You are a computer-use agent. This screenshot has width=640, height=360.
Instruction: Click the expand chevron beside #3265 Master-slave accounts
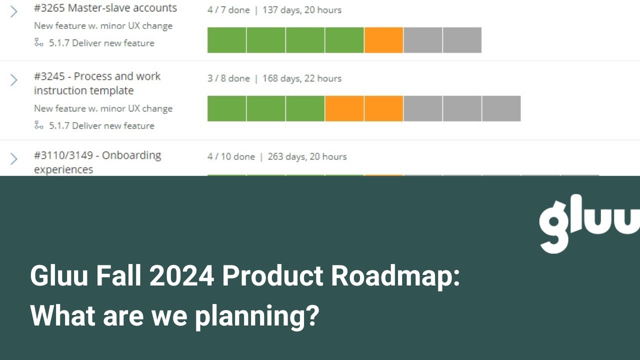pos(13,11)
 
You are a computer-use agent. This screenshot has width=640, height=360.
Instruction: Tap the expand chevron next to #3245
pos(13,80)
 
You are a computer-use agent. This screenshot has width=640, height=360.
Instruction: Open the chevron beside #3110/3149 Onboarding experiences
pos(13,158)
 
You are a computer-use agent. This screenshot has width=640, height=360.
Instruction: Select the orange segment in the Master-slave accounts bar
pos(383,40)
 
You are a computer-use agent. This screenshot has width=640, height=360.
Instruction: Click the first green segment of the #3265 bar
pos(226,40)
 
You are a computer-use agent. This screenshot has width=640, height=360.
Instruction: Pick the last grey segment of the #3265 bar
pos(462,40)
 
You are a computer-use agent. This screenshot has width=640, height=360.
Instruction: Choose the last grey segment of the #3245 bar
pos(501,108)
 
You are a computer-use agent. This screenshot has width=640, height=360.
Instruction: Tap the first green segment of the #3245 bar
pos(226,108)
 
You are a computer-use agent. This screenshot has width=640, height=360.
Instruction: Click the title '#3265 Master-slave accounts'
pos(105,8)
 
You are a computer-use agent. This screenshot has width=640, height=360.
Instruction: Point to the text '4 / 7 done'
pos(228,10)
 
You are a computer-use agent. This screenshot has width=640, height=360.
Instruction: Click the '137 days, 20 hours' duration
pos(302,10)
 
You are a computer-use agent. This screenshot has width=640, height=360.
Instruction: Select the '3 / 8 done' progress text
pos(228,78)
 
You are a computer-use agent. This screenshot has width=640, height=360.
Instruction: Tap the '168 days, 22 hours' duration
pos(302,78)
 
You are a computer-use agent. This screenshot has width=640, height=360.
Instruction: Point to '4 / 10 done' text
pos(231,156)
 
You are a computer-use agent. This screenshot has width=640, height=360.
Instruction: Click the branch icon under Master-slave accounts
pos(39,42)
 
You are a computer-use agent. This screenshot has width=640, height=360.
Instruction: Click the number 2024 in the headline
pos(181,275)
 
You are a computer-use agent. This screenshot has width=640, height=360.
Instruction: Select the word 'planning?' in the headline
pos(256,316)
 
